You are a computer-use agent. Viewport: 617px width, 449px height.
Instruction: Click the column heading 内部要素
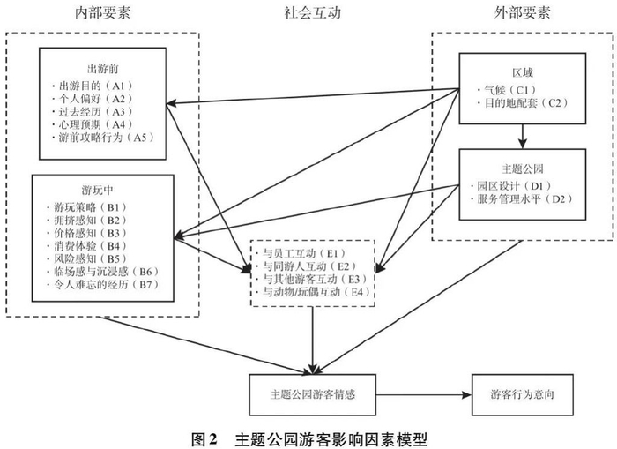tap(102, 13)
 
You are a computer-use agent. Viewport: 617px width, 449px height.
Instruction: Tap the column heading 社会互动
tap(312, 13)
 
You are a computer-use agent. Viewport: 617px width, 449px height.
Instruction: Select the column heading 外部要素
tap(522, 13)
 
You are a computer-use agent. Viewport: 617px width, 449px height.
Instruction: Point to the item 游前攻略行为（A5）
tap(103, 138)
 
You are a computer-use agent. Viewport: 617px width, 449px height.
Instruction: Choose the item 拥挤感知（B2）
tap(88, 221)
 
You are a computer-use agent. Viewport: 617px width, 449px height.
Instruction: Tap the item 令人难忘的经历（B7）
tap(103, 284)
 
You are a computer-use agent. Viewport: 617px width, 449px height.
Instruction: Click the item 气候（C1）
tap(507, 90)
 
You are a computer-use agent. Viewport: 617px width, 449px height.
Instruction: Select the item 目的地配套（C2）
tap(523, 103)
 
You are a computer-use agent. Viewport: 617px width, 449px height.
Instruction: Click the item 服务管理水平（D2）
tap(522, 198)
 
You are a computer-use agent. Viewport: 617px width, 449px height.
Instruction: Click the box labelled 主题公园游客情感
tap(312, 394)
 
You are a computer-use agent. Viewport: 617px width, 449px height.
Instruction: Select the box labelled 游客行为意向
tap(523, 394)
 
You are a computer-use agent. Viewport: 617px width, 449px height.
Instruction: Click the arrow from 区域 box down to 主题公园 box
tap(522, 136)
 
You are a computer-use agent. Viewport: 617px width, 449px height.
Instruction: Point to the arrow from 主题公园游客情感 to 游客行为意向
tap(424, 394)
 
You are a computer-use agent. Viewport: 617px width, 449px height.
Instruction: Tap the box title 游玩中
tap(98, 191)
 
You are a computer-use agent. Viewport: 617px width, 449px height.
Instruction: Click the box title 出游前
tap(103, 69)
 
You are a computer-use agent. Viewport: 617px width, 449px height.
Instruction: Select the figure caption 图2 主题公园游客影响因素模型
tap(309, 438)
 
